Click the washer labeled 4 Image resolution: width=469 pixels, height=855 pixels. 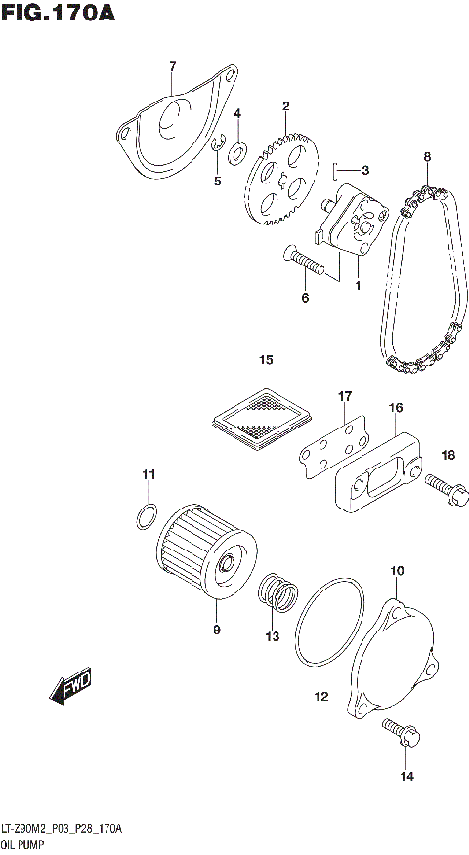pos(238,152)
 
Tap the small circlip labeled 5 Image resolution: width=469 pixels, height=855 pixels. pos(220,147)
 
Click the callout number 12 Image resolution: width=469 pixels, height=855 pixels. pos(320,697)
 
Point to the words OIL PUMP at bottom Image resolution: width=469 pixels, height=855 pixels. pos(22,842)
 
